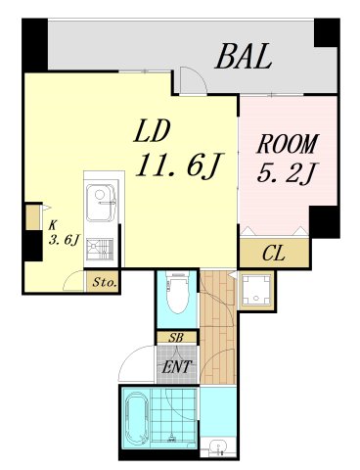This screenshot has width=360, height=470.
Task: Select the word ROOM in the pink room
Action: coord(288,146)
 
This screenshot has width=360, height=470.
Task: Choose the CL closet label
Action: coord(275,253)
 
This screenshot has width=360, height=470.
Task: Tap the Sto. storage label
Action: coord(105,283)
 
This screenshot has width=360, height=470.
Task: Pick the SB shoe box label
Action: coord(176,338)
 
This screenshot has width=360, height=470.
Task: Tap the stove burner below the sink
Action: coord(100,249)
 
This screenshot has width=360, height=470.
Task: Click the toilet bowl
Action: coord(178,294)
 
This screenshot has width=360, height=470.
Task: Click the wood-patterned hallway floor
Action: coord(219,323)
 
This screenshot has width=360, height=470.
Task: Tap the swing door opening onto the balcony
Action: coord(192,82)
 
